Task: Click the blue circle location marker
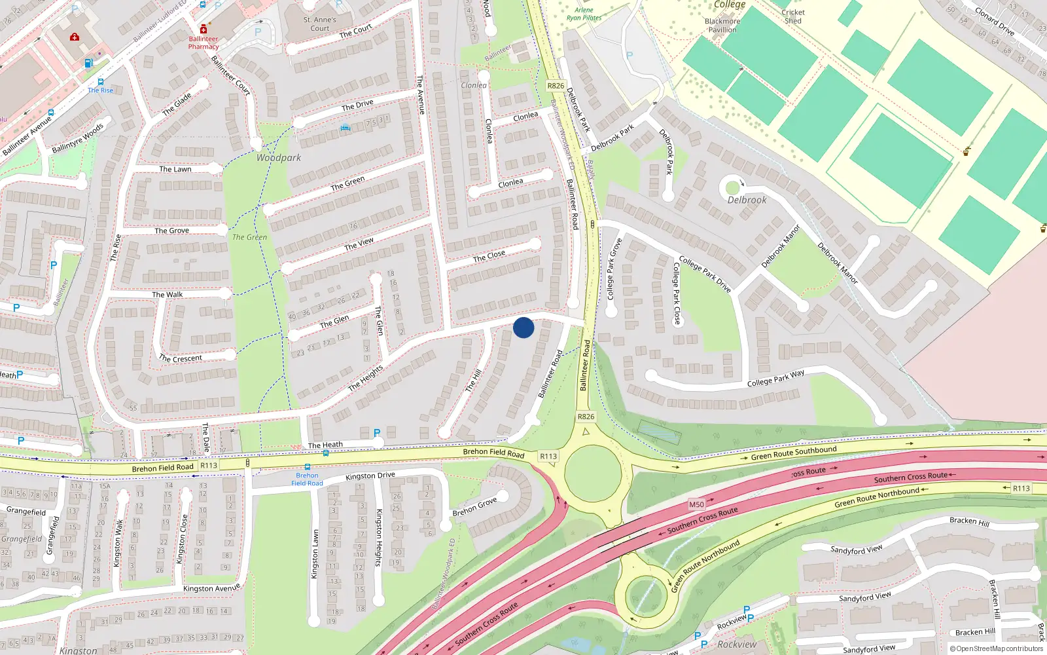pyautogui.click(x=523, y=327)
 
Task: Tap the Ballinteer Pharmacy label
pyautogui.click(x=204, y=43)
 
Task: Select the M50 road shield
pyautogui.click(x=696, y=504)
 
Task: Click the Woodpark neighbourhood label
pyautogui.click(x=279, y=158)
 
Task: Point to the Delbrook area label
pyautogui.click(x=747, y=200)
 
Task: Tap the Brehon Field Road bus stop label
pyautogui.click(x=307, y=479)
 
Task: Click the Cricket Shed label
pyautogui.click(x=792, y=16)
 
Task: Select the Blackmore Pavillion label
pyautogui.click(x=722, y=25)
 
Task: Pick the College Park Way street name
pyautogui.click(x=775, y=379)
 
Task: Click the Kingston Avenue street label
pyautogui.click(x=211, y=588)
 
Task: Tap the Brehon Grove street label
pyautogui.click(x=474, y=507)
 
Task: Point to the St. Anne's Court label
pyautogui.click(x=319, y=24)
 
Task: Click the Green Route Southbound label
pyautogui.click(x=793, y=453)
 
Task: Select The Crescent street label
pyautogui.click(x=181, y=358)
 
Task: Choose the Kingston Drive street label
pyautogui.click(x=370, y=476)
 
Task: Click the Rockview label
pyautogui.click(x=736, y=645)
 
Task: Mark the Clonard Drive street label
pyautogui.click(x=995, y=22)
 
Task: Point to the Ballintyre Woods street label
pyautogui.click(x=77, y=138)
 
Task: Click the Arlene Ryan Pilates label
pyautogui.click(x=584, y=14)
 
